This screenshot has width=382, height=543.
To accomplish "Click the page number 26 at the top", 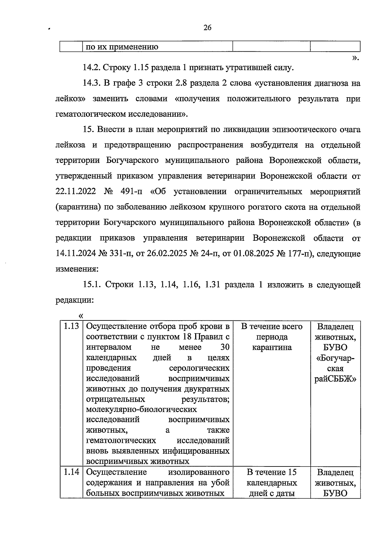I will pyautogui.click(x=207, y=28).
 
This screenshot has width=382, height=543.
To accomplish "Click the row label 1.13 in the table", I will pyautogui.click(x=71, y=326).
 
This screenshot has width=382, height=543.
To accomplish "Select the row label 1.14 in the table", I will pyautogui.click(x=71, y=472).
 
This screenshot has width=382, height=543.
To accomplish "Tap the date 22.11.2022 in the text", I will pyautogui.click(x=76, y=192).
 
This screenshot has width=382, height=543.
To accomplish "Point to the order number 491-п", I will pyautogui.click(x=131, y=192).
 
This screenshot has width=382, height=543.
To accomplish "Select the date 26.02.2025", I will pyautogui.click(x=167, y=254).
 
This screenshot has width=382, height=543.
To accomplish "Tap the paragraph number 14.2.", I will pyautogui.click(x=92, y=68).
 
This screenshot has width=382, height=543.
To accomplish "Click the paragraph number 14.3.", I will pyautogui.click(x=92, y=83).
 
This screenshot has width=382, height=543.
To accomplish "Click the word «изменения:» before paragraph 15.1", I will pyautogui.click(x=77, y=269).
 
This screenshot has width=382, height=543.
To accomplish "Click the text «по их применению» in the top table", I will pyautogui.click(x=122, y=47).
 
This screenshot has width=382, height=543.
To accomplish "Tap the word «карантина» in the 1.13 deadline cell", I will pyautogui.click(x=272, y=347).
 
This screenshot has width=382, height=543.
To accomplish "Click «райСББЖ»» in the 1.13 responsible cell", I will pyautogui.click(x=335, y=379).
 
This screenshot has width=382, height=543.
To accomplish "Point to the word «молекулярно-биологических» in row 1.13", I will pyautogui.click(x=141, y=409).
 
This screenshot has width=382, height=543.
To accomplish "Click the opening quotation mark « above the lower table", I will pyautogui.click(x=81, y=316).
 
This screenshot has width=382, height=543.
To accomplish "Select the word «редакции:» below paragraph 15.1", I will pyautogui.click(x=74, y=300).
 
